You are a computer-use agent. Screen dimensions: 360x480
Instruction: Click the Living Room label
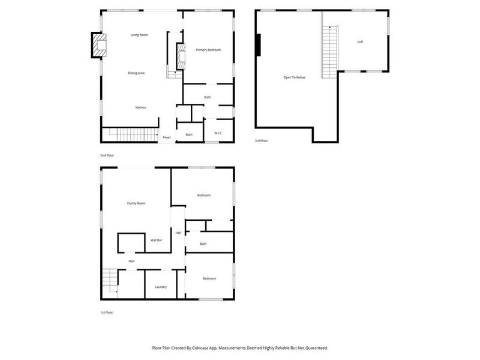139,35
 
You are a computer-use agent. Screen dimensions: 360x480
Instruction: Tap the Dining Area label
136,73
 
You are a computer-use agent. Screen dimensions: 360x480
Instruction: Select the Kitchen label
140,107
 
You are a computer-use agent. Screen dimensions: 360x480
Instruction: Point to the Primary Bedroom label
208,50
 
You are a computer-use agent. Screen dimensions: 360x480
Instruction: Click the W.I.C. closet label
218,134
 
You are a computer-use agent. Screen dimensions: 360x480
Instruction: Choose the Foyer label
167,137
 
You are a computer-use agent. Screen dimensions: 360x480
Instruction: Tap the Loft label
360,42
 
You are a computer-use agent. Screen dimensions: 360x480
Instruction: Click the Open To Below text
295,77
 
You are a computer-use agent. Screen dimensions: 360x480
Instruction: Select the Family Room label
136,203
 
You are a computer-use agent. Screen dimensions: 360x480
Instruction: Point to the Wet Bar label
156,240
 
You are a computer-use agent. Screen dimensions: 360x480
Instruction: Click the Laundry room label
160,287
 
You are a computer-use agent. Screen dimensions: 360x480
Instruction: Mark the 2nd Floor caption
107,155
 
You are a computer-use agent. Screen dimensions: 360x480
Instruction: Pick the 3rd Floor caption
261,142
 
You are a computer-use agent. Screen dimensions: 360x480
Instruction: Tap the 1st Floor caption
106,313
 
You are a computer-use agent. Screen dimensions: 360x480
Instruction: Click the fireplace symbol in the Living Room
99,45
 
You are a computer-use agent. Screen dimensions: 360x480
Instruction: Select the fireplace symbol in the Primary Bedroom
178,57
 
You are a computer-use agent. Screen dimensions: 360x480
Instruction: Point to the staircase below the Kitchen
129,134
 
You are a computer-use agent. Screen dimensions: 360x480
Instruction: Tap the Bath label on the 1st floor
203,244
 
